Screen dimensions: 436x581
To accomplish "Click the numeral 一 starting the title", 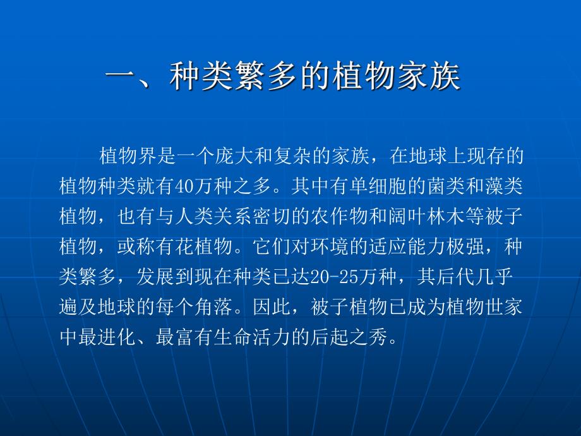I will pyautogui.click(x=121, y=79).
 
